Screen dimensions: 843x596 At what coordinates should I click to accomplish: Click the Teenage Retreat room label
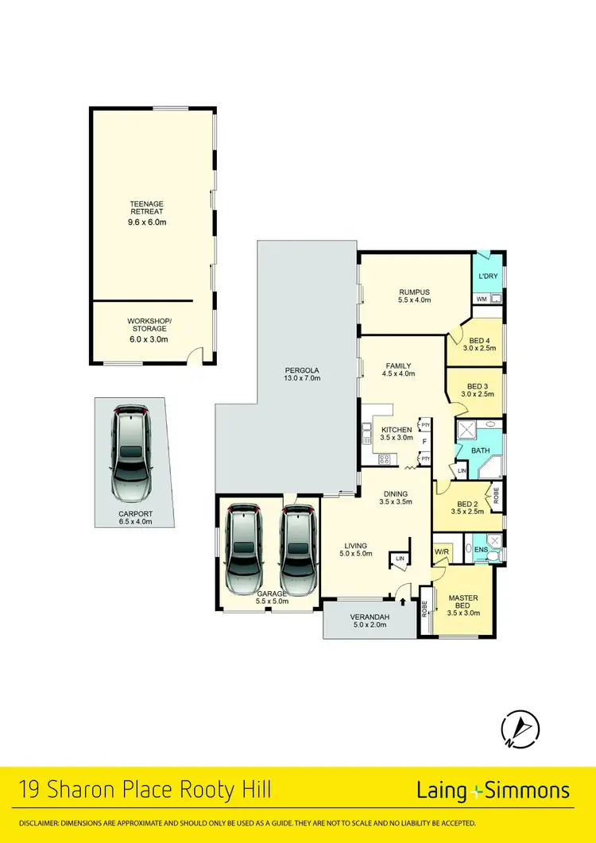coord(147,207)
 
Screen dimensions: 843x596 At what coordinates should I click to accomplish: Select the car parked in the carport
coord(129,454)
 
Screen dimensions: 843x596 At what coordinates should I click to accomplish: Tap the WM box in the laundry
coord(481,299)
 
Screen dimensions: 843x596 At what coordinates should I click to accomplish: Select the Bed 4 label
coord(479,339)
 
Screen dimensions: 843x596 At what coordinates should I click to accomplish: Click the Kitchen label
coord(397,430)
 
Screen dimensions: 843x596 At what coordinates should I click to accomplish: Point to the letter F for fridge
coord(424,441)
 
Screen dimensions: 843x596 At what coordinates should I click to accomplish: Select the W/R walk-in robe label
coord(441,552)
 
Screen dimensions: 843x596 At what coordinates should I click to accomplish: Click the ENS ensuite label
coord(480,549)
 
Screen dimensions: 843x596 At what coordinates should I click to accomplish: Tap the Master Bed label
coord(462,601)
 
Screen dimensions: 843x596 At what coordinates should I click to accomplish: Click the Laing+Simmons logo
coord(493,790)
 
